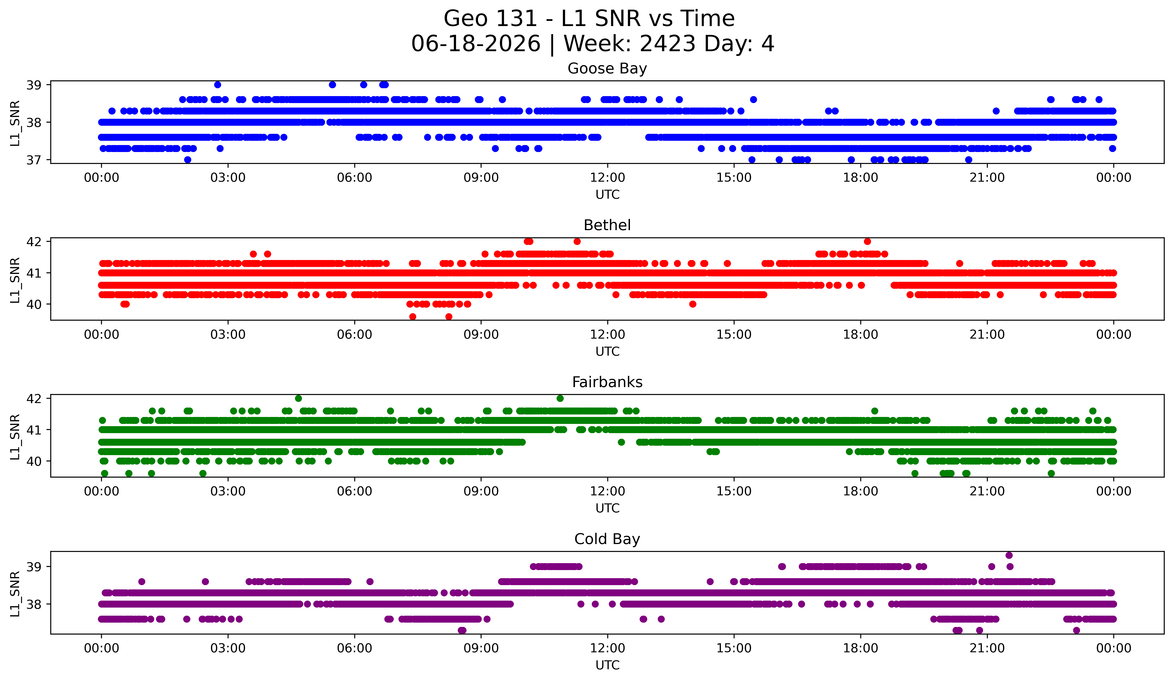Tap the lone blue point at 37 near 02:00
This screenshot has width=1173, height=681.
tap(188, 160)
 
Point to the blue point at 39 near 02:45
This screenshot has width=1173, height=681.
tap(217, 85)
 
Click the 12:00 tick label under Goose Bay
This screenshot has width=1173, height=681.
tap(607, 178)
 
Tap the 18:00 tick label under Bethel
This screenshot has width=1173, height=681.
tap(861, 335)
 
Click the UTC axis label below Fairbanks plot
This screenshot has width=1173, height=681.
tap(607, 508)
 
